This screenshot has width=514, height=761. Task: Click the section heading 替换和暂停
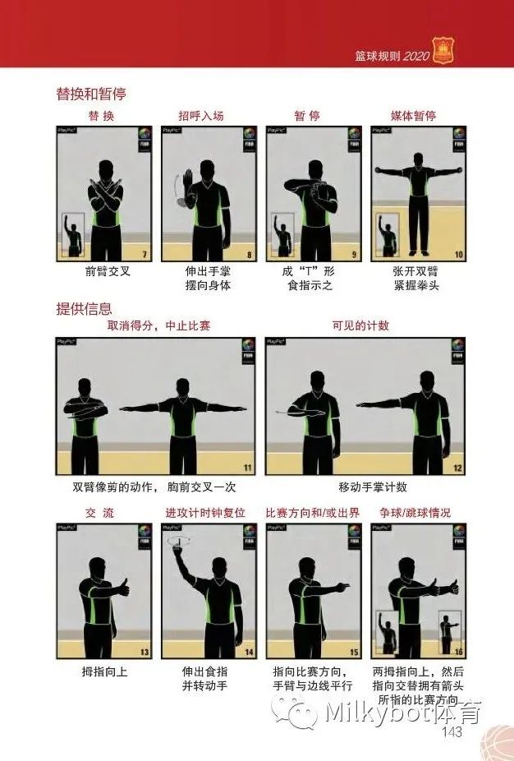pos(91,95)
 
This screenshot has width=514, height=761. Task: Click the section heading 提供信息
pos(83,308)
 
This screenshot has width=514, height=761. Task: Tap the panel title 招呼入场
pos(202,116)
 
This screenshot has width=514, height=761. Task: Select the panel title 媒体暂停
pos(413,116)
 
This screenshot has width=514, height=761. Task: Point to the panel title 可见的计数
pos(360,325)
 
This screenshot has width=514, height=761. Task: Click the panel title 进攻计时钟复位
pos(205,513)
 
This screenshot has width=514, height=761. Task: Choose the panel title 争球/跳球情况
pos(415,513)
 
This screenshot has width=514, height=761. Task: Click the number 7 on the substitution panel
pos(144,255)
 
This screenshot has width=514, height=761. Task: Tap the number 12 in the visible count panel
pos(457,468)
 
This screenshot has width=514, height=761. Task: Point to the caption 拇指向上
pos(104,671)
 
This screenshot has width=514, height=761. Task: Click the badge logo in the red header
pos(444,53)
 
